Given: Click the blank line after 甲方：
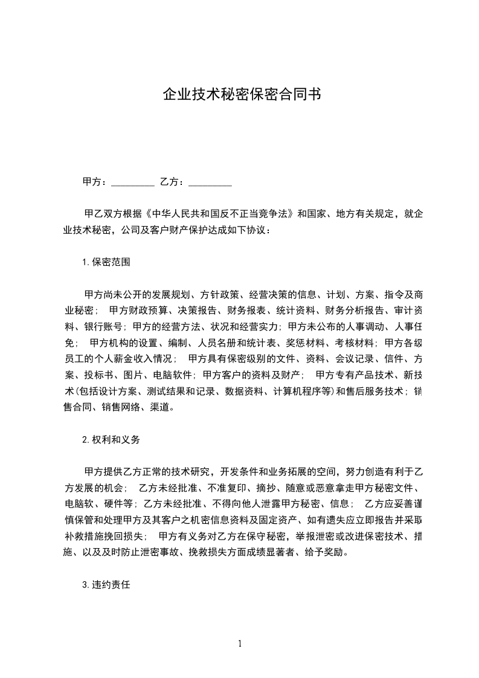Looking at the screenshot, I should tap(133, 182).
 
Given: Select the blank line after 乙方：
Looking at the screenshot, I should tap(210, 182).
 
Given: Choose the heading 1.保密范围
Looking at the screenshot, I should tap(106, 262).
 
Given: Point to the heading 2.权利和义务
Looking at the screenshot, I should tap(111, 440).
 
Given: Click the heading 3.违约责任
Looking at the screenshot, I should tap(106, 585).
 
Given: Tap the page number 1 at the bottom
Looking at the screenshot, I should tap(240, 644).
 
